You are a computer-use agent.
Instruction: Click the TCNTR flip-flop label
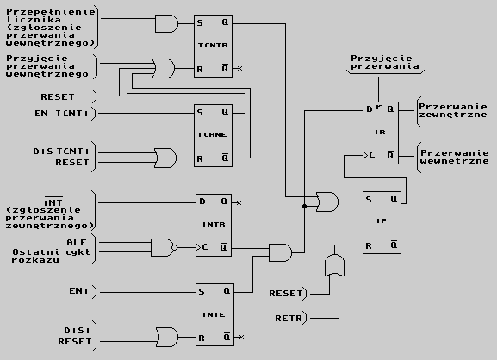pyautogui.click(x=213, y=46)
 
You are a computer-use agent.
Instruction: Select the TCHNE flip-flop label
pyautogui.click(x=212, y=135)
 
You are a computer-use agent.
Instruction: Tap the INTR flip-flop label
pyautogui.click(x=214, y=225)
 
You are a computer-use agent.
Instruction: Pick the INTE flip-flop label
pyautogui.click(x=214, y=314)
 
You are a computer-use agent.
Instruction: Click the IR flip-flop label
pyautogui.click(x=381, y=132)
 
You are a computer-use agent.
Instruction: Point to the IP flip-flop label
pyautogui.click(x=382, y=220)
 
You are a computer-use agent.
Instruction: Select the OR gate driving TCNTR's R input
pyautogui.click(x=164, y=68)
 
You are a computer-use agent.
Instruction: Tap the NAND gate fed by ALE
pyautogui.click(x=165, y=247)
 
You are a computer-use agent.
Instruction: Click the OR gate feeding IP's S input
pyautogui.click(x=327, y=202)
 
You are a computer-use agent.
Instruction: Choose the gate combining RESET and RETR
pyautogui.click(x=335, y=265)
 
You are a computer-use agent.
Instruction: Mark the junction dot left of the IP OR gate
pyautogui.click(x=305, y=207)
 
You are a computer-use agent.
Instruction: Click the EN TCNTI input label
pyautogui.click(x=61, y=114)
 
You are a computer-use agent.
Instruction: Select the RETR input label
pyautogui.click(x=289, y=318)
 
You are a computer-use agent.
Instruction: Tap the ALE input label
pyautogui.click(x=77, y=243)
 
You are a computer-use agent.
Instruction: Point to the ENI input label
pyautogui.click(x=78, y=291)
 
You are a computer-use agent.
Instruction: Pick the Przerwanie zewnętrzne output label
pyautogui.click(x=453, y=110)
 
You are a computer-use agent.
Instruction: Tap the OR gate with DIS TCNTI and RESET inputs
pyautogui.click(x=165, y=158)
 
